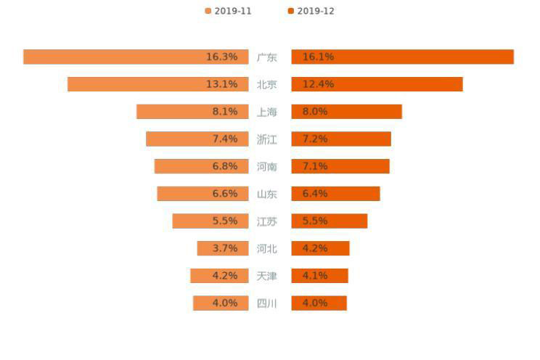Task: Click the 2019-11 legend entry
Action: pyautogui.click(x=229, y=11)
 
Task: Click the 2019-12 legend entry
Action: pyautogui.click(x=311, y=11)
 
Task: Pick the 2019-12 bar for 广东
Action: pyautogui.click(x=402, y=57)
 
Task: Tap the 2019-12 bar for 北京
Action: pyautogui.click(x=377, y=84)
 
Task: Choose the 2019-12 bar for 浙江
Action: pyautogui.click(x=341, y=139)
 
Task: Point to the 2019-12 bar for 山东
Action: pyautogui.click(x=335, y=194)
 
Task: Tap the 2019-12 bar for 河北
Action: pyautogui.click(x=320, y=248)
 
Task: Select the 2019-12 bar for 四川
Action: pyautogui.click(x=319, y=303)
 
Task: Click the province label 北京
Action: pyautogui.click(x=267, y=84)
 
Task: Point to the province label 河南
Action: pyautogui.click(x=267, y=166)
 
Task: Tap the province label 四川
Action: pyautogui.click(x=267, y=303)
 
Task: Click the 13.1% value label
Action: pyautogui.click(x=221, y=84)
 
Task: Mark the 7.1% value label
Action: pyautogui.click(x=314, y=166)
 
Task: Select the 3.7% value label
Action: pyautogui.click(x=225, y=248)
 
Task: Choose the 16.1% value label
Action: pyautogui.click(x=318, y=57)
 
